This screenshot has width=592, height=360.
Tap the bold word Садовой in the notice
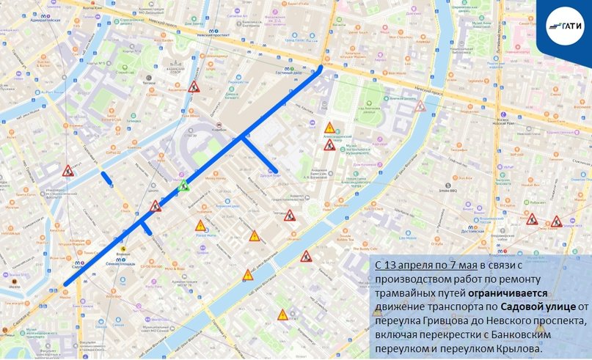click(526, 306)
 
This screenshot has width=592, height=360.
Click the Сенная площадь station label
click(118, 262)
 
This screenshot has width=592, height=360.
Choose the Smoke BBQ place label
click(448, 188)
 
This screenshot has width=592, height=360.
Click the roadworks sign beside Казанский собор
click(194, 87)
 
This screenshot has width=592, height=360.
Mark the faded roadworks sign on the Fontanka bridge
click(420, 106)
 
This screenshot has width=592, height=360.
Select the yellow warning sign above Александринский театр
click(330, 128)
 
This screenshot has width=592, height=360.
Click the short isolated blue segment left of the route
click(107, 177)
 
